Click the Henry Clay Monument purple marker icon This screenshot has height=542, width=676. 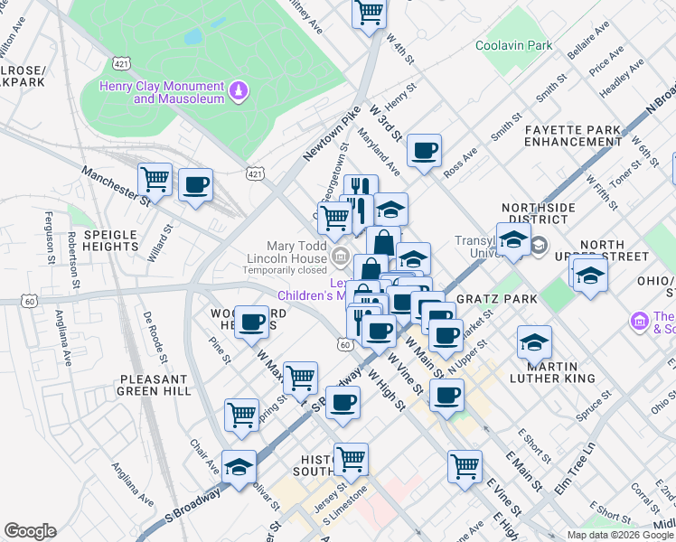[x=239, y=90]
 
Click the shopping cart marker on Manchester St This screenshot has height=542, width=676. [x=155, y=179]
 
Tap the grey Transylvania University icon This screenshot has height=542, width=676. [x=539, y=245]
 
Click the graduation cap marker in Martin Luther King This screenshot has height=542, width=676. [x=533, y=342]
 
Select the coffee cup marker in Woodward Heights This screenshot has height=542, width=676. [x=252, y=322]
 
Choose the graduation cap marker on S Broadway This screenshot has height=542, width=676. [x=239, y=467]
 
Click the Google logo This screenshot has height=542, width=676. [x=30, y=531]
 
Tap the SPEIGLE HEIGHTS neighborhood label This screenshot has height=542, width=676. [x=110, y=241]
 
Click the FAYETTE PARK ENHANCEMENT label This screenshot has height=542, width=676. [x=573, y=136]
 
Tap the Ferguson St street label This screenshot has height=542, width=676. [x=49, y=234]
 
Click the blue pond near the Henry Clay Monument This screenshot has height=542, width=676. [x=192, y=37]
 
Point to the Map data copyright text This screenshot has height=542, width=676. [x=619, y=535]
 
